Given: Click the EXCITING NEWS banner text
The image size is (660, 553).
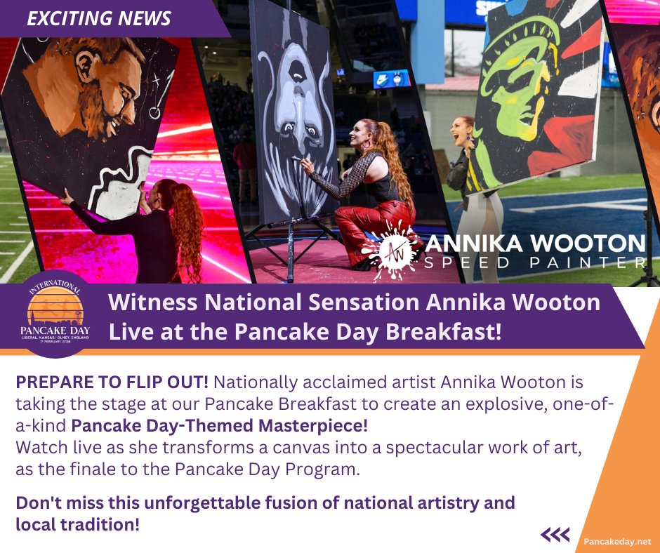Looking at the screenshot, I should pyautogui.click(x=98, y=18).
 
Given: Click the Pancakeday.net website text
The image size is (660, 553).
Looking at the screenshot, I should pyautogui.click(x=617, y=541).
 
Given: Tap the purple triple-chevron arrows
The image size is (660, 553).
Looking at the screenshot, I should pyautogui.click(x=555, y=535).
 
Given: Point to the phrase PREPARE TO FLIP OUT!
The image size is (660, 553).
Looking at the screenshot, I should pyautogui.click(x=112, y=383).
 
